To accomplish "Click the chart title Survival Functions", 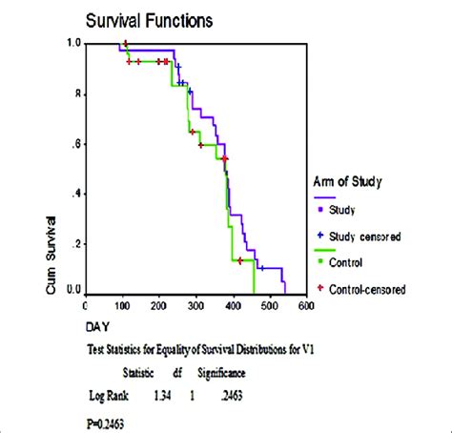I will pyautogui.click(x=149, y=19).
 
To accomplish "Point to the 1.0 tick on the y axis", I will pyautogui.click(x=72, y=44).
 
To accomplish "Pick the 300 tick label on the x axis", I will pyautogui.click(x=196, y=306).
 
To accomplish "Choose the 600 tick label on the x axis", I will pyautogui.click(x=306, y=306).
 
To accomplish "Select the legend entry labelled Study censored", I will pyautogui.click(x=366, y=234).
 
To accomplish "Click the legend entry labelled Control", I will pyautogui.click(x=349, y=260).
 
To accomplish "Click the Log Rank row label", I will pyautogui.click(x=109, y=392).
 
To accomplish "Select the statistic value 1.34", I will pyautogui.click(x=160, y=392).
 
